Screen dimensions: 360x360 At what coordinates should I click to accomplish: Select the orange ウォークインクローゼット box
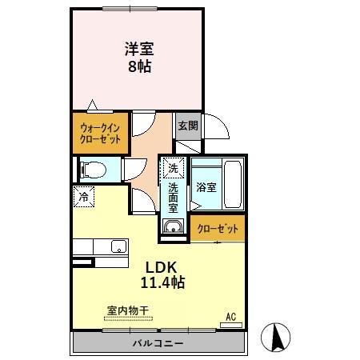click(x=101, y=133)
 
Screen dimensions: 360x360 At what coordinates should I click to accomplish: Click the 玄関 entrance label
click(x=186, y=126)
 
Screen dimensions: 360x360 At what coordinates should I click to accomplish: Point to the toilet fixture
click(x=90, y=168)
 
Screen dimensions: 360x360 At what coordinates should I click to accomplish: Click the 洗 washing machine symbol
click(x=173, y=168)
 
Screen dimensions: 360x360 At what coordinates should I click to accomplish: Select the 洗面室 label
click(x=173, y=197)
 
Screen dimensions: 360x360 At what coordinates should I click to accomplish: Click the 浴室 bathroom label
click(x=206, y=187)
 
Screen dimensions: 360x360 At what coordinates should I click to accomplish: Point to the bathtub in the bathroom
click(x=232, y=183)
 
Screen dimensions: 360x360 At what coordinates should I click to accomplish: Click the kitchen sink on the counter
click(x=117, y=246)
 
